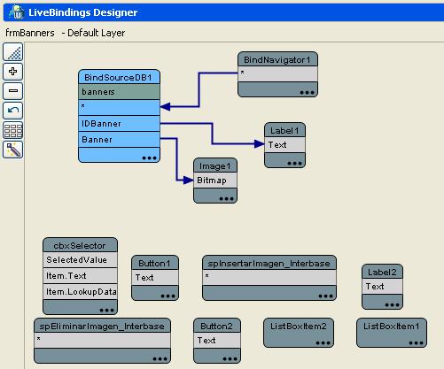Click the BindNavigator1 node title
(278, 59)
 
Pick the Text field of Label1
(285, 144)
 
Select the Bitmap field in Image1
(215, 180)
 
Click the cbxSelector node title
(81, 245)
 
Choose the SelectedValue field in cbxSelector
(81, 260)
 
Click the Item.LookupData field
(81, 291)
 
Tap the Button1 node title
(156, 263)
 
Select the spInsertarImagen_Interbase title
(269, 263)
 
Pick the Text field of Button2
(216, 341)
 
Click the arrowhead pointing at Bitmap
(190, 180)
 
